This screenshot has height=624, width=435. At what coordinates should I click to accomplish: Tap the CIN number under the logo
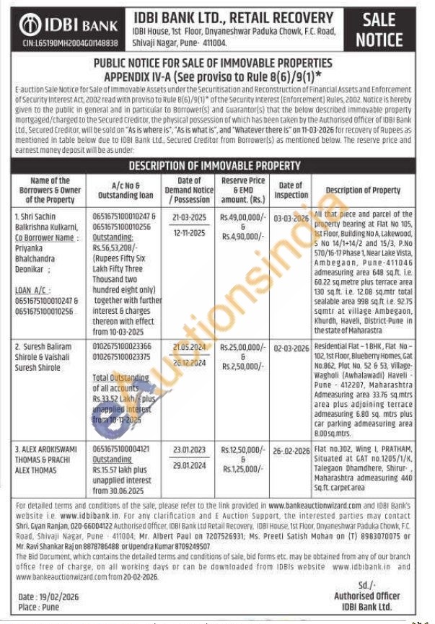[59, 45]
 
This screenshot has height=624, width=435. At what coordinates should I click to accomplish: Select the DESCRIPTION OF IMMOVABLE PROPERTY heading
[214, 166]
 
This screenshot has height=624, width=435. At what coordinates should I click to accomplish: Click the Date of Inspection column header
[291, 190]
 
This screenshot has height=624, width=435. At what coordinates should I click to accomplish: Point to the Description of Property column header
[363, 190]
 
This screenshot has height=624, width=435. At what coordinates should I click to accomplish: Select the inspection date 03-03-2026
[291, 216]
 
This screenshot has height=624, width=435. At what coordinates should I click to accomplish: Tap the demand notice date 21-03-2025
[190, 216]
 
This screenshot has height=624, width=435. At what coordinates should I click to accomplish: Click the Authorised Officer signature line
[366, 596]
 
